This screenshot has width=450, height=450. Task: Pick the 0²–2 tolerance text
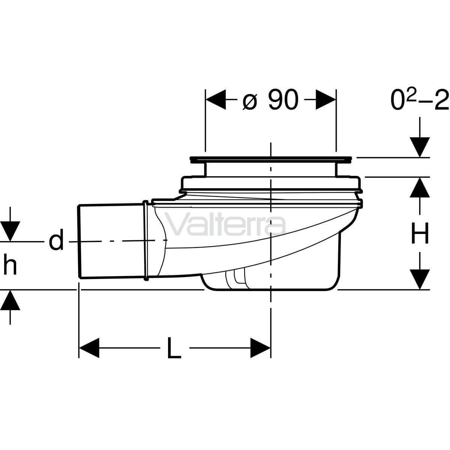click(x=420, y=100)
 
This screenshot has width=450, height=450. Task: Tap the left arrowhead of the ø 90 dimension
click(x=216, y=99)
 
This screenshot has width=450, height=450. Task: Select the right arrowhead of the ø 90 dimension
click(x=326, y=99)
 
